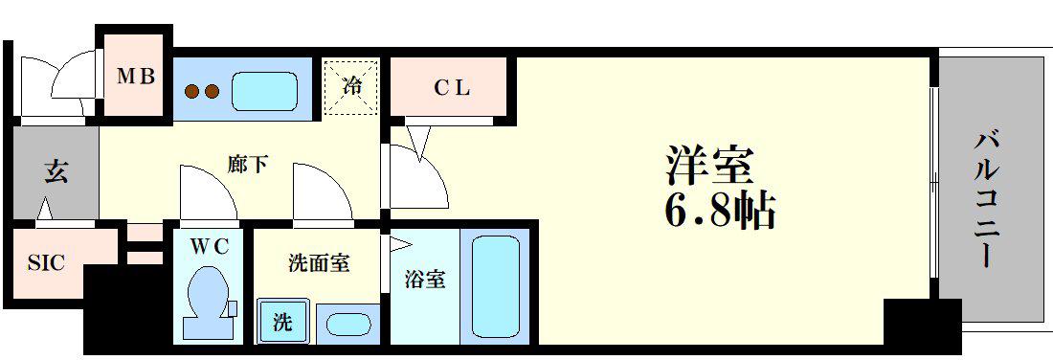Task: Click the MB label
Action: [137, 76]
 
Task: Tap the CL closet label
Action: [451, 88]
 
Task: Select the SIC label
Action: [46, 263]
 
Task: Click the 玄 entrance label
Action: [56, 172]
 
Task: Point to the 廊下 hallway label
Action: [248, 165]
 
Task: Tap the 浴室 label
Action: [424, 280]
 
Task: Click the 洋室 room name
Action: [707, 165]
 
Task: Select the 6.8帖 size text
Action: [721, 211]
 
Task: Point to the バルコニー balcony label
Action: [984, 199]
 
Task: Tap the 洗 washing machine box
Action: [282, 323]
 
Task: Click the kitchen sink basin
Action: [264, 91]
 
